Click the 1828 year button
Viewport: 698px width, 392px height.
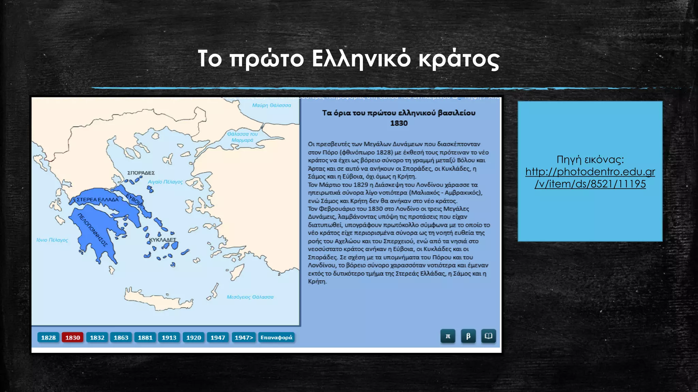coord(48,338)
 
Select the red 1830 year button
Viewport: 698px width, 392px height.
coord(73,338)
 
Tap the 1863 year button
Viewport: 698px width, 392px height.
coord(121,338)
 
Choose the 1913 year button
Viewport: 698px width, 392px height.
coord(169,338)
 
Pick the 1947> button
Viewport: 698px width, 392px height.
coord(244,338)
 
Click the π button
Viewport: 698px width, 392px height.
coord(448,336)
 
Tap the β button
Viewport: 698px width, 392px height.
coord(468,336)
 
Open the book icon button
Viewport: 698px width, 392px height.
coord(488,336)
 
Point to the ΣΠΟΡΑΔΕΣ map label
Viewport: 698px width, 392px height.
coord(141,173)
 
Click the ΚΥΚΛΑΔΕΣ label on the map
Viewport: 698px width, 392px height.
coord(163,240)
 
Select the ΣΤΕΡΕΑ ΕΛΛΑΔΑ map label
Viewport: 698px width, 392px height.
coord(97,199)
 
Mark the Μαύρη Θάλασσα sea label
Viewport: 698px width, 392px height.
coord(271,105)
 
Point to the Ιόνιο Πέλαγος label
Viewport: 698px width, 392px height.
coord(52,240)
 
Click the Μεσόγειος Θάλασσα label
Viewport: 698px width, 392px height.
coord(250,297)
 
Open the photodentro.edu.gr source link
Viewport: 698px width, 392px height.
coord(590,178)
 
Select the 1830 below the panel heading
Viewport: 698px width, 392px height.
coord(399,123)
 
